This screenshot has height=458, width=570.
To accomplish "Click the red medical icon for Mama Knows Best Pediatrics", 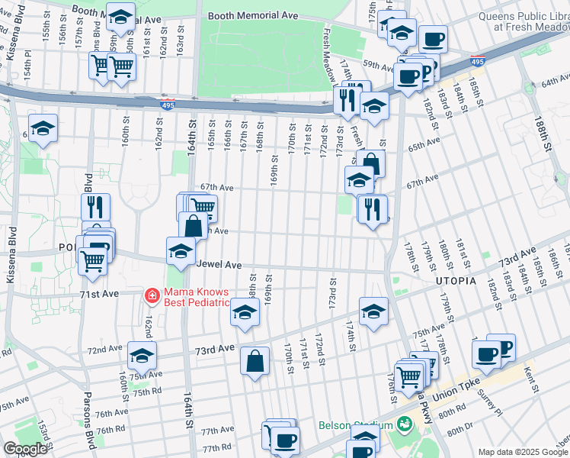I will [152, 295].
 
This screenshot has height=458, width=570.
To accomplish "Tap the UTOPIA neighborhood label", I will [456, 281].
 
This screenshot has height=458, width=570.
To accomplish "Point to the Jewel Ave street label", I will [219, 265].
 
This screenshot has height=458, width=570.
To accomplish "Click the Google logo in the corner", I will [25, 448].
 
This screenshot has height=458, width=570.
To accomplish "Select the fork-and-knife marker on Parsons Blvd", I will [96, 207].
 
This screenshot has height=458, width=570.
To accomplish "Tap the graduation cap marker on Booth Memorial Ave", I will [120, 16].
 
